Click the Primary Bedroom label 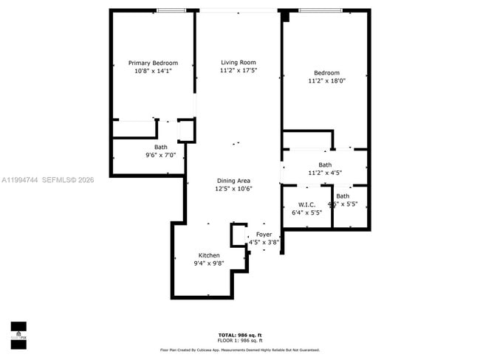click(x=153, y=63)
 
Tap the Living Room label click(x=238, y=62)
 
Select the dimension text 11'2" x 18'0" click(x=326, y=81)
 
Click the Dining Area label click(x=233, y=181)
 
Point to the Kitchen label click(x=209, y=255)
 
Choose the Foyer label click(x=264, y=234)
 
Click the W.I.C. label click(x=307, y=204)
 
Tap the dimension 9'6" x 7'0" click(x=160, y=156)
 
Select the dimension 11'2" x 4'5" click(x=325, y=173)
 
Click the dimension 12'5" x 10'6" click(x=233, y=189)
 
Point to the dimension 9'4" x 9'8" click(x=208, y=263)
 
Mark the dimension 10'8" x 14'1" click(x=153, y=71)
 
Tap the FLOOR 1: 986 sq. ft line click(x=240, y=340)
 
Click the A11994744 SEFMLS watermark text click(x=48, y=179)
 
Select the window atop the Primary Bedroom click(x=171, y=10)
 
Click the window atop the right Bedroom click(x=320, y=10)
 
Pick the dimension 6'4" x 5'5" click(x=307, y=212)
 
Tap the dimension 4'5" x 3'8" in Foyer click(x=264, y=242)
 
